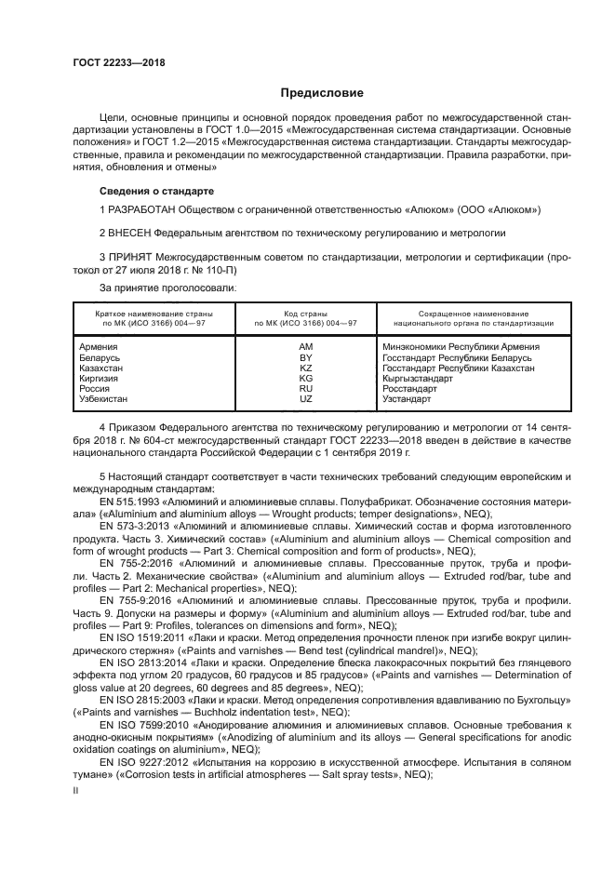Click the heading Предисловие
coord(323,93)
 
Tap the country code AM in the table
coord(306,347)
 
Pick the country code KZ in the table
coord(306,368)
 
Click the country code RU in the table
coord(306,389)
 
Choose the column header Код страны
coord(306,314)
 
